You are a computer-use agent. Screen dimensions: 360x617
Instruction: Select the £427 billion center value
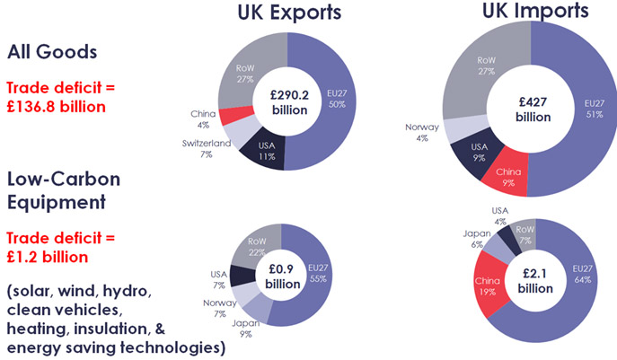coord(532,109)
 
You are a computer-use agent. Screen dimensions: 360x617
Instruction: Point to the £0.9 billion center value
coord(282,273)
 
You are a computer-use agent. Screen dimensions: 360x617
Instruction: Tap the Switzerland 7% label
coord(204,148)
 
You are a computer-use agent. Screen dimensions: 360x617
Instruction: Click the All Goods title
coord(51,52)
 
